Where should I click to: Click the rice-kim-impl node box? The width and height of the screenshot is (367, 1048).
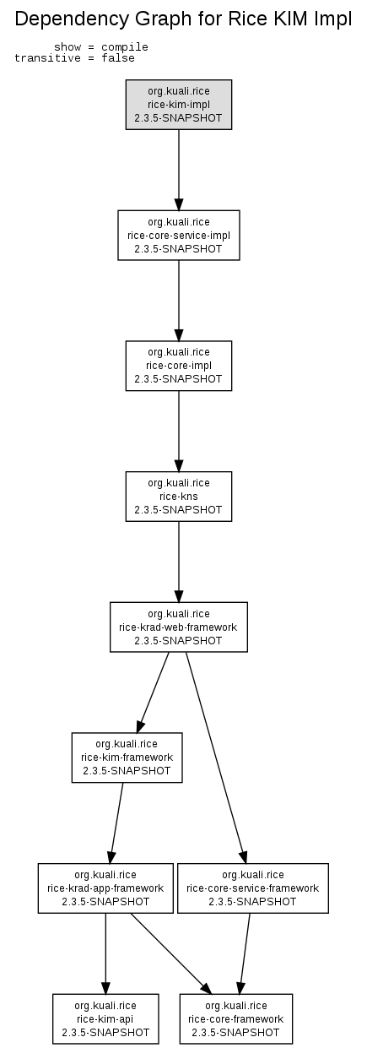click(179, 105)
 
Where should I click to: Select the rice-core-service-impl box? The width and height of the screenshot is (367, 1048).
click(179, 235)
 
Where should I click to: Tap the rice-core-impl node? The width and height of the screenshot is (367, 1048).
click(179, 366)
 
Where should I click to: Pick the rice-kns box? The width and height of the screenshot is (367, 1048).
click(179, 496)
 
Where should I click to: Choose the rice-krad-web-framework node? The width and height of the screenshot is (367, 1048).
click(179, 627)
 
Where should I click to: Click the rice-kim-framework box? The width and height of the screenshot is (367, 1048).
click(127, 757)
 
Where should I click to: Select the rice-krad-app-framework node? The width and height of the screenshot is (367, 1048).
click(105, 888)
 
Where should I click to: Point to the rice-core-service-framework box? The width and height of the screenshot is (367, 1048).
click(253, 888)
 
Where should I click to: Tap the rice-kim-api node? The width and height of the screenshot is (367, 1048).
click(105, 1019)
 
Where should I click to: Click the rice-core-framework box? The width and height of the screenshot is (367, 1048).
click(236, 1019)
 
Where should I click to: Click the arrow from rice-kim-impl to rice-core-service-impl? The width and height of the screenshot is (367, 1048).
click(179, 170)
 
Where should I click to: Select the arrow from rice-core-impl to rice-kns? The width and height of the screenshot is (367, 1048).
click(179, 431)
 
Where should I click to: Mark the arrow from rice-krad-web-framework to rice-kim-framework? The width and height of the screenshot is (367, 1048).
click(153, 692)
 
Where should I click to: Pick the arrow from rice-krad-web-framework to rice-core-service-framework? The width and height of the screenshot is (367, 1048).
click(215, 757)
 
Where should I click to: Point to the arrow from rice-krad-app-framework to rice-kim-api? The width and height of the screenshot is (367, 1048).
click(105, 953)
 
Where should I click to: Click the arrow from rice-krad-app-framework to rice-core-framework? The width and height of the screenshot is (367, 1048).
click(171, 953)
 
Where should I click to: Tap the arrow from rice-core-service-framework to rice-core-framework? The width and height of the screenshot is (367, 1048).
click(245, 953)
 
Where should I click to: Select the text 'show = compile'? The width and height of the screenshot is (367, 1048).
click(101, 47)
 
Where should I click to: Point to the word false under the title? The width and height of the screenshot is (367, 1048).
click(118, 58)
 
